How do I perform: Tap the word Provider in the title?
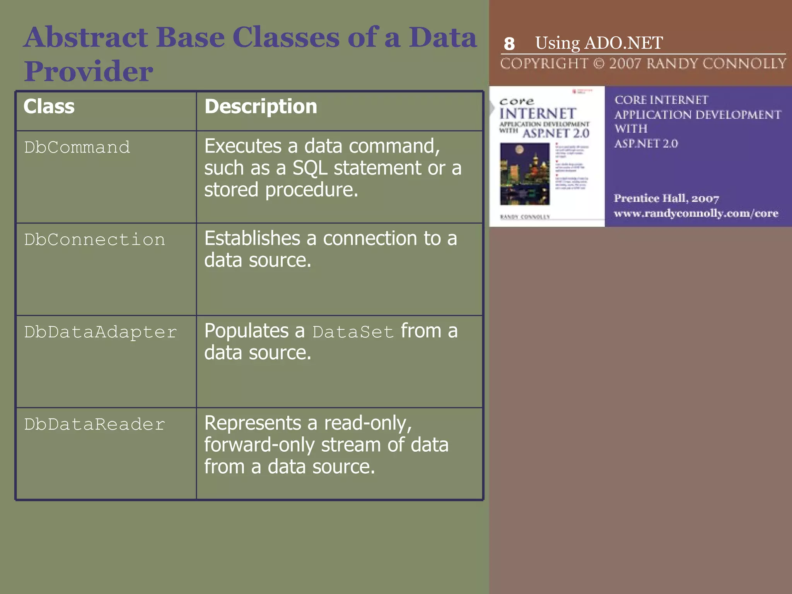click(89, 72)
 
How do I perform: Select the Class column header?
click(49, 107)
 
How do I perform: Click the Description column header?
click(261, 107)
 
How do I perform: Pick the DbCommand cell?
click(77, 147)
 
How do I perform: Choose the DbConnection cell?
click(94, 240)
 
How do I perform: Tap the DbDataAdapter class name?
click(101, 332)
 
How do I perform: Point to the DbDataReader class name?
click(94, 425)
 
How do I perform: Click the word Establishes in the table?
click(252, 238)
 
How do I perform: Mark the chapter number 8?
click(509, 44)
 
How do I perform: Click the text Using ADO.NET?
click(599, 43)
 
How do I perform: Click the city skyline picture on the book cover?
click(524, 174)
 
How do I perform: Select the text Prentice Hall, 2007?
click(666, 198)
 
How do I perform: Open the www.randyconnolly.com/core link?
click(696, 213)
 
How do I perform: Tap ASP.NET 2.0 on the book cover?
click(556, 133)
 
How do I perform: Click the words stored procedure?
click(281, 190)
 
